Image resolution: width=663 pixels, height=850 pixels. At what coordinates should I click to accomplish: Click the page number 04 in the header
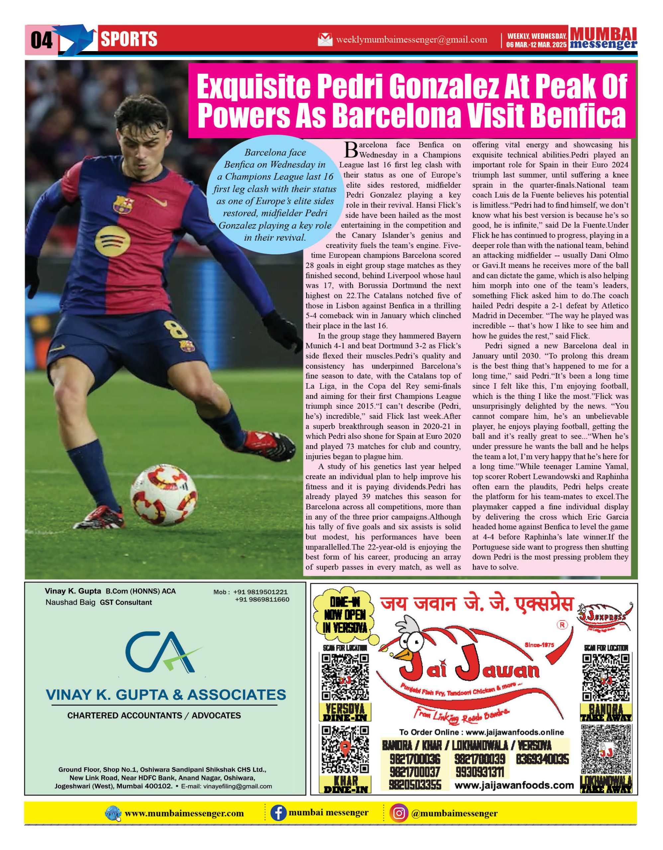[x=41, y=40]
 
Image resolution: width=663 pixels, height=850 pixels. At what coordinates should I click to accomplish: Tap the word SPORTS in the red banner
[x=129, y=39]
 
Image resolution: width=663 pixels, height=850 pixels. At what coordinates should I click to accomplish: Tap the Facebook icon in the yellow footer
[x=278, y=813]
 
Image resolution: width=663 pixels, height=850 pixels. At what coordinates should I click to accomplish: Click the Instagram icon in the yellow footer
[x=398, y=813]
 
